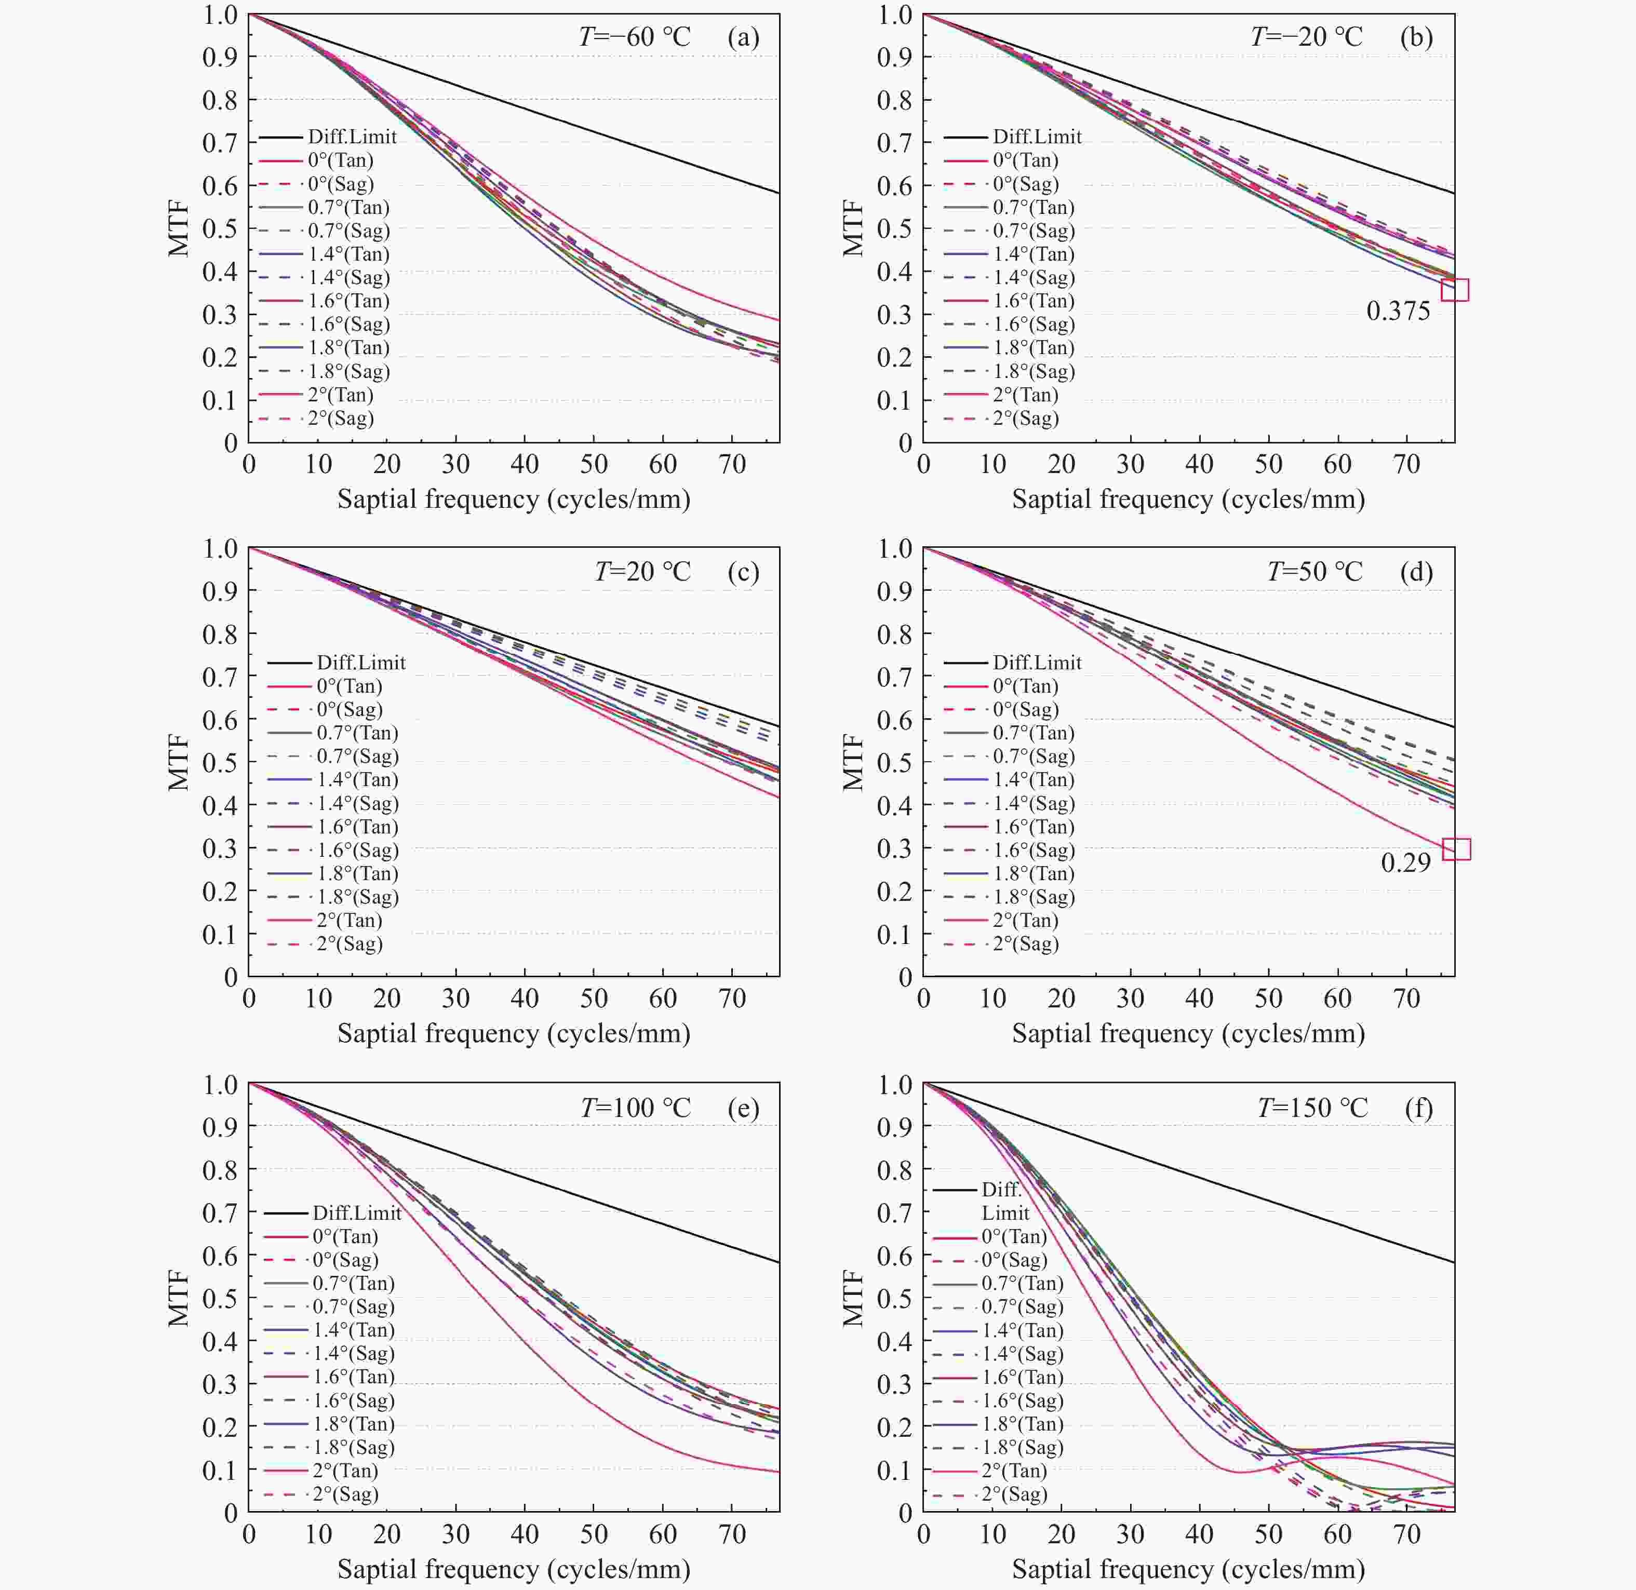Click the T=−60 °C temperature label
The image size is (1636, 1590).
coord(635,37)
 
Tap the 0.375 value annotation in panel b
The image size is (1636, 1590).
coord(1398,312)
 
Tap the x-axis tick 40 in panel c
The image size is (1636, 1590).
coord(525,998)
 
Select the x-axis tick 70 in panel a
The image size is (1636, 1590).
coord(732,464)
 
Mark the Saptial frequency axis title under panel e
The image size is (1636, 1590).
coord(514,1569)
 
